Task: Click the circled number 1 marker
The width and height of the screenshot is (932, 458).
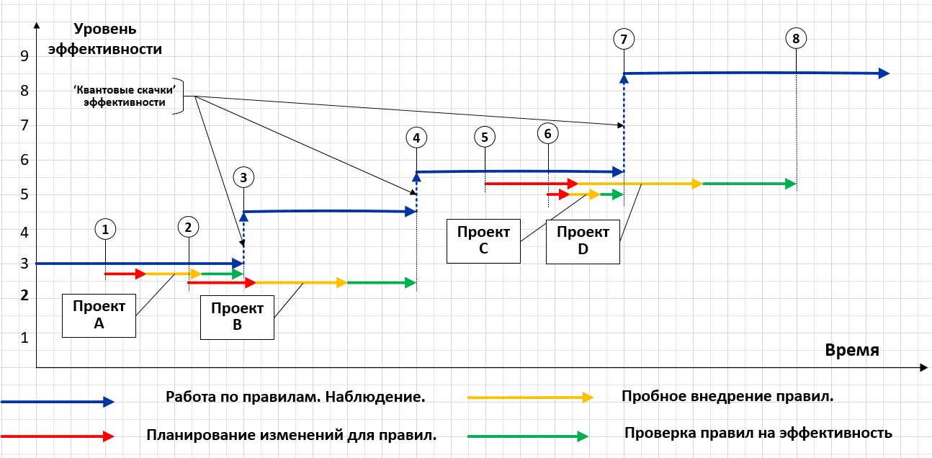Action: click(x=105, y=229)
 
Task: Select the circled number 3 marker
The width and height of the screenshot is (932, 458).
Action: click(x=243, y=177)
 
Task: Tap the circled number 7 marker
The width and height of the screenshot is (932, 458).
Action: click(x=624, y=39)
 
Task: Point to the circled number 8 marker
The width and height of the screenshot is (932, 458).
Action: click(x=795, y=39)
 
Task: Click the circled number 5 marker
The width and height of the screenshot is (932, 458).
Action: click(x=485, y=136)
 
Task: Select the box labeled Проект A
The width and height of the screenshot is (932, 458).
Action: click(x=99, y=315)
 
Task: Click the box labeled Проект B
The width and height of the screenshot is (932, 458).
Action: click(x=237, y=318)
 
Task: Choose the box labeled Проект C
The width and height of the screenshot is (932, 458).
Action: click(x=483, y=241)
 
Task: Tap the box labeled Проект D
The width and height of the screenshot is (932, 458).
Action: click(x=583, y=241)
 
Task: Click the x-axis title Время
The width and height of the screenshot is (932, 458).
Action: click(x=852, y=350)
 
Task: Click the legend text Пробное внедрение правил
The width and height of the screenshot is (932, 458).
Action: click(x=727, y=396)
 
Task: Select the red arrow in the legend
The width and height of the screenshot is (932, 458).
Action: click(x=58, y=436)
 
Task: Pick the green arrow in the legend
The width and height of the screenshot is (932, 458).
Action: click(x=527, y=436)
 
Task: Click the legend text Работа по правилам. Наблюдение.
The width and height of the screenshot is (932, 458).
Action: click(x=295, y=397)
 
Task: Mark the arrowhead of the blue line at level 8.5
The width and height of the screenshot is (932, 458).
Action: click(x=884, y=73)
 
